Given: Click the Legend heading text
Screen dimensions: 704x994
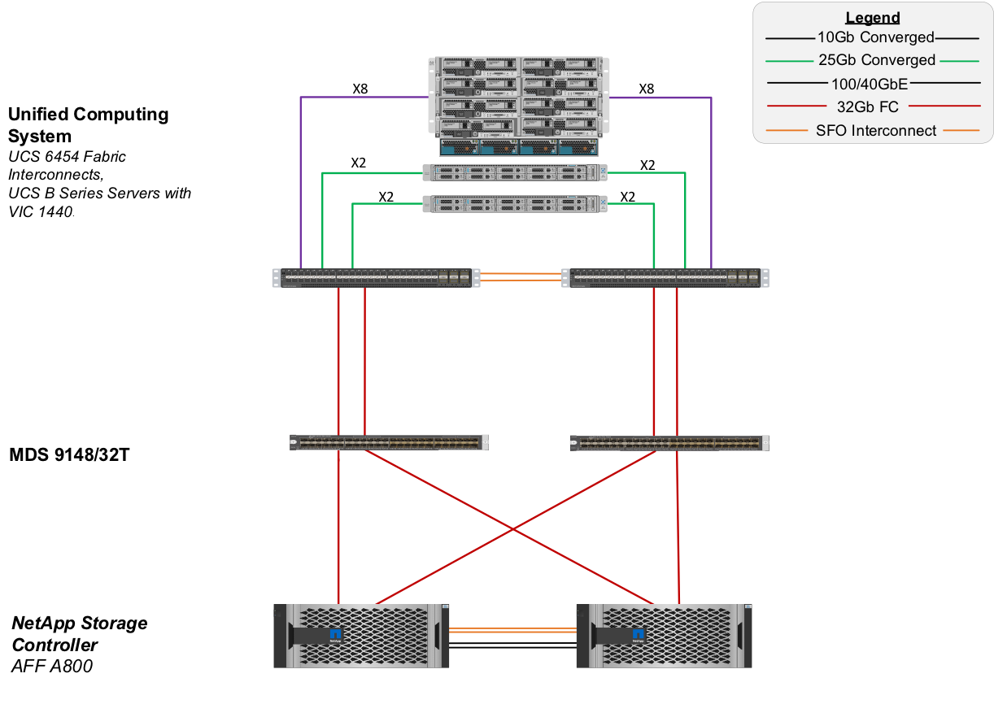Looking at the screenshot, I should point(872,17).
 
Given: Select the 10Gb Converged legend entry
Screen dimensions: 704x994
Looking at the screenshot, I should point(875,37).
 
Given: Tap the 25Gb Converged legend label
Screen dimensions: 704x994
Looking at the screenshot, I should point(875,60).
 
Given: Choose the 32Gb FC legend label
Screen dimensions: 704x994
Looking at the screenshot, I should point(868,106).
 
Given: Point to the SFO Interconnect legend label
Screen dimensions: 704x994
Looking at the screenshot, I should point(875,130).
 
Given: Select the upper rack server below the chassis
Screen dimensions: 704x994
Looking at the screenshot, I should point(515,172).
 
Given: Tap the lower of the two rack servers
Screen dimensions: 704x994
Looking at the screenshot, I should point(515,204).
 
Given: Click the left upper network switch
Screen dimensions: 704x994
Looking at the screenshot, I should point(374,278).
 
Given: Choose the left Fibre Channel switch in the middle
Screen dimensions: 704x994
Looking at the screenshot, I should point(389,443).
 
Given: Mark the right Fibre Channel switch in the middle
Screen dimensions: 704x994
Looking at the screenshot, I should point(669,443).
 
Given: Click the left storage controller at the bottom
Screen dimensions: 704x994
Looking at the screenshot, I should point(361,636).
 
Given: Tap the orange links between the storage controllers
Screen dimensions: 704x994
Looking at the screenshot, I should point(512,630).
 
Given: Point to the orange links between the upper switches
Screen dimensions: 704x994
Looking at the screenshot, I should point(520,279).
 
